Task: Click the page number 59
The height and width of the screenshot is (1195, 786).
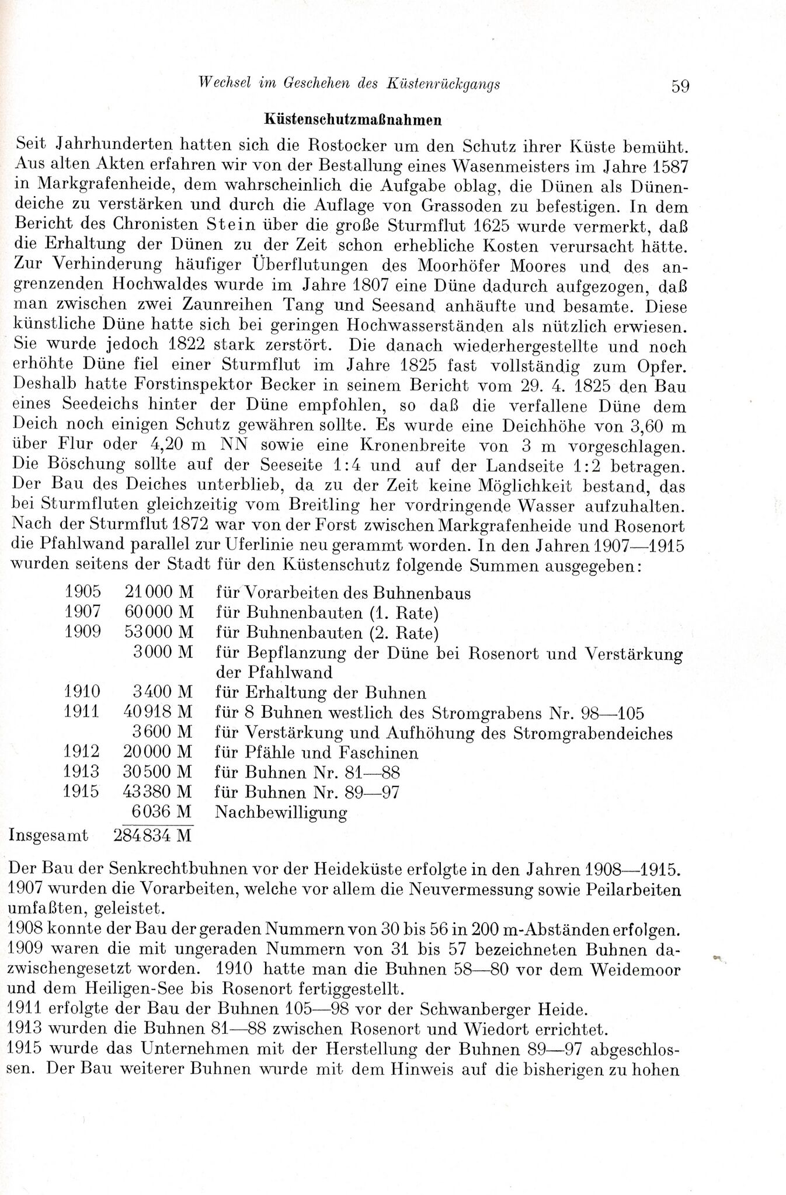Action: (680, 86)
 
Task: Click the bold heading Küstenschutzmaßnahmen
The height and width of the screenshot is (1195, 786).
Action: (352, 119)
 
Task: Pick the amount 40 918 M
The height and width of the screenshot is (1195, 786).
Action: (159, 713)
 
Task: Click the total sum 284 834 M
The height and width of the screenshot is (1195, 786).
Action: (153, 835)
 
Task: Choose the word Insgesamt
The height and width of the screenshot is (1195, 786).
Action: (49, 835)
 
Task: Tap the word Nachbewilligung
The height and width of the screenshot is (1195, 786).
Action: (281, 812)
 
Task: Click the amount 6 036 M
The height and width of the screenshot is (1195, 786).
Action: (163, 812)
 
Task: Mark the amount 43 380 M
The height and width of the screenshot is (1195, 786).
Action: (158, 792)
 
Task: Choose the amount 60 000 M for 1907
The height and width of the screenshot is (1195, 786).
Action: (159, 613)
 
